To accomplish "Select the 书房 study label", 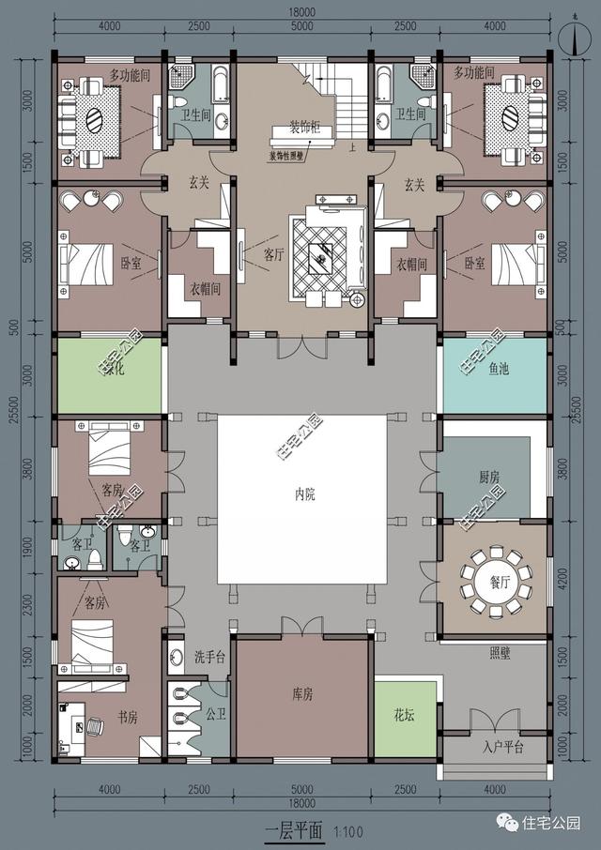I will tap(126, 718).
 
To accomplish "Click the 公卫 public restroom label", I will tap(216, 713).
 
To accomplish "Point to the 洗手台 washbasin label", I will tap(211, 655).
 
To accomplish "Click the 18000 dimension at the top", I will tap(302, 12).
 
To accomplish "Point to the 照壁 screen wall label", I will tap(500, 653).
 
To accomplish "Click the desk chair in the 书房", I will tap(96, 725).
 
